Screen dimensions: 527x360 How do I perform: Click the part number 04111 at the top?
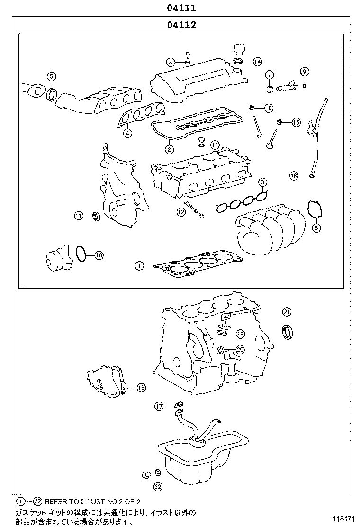point(181,8)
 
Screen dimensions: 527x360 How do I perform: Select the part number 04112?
point(181,25)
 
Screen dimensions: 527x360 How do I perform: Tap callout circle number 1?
point(139,266)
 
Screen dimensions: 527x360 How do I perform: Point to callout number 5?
point(51,76)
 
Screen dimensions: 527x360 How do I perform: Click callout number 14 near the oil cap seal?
point(257,62)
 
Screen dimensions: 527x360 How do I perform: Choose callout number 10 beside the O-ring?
point(98,255)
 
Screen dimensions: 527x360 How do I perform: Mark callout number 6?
point(316,228)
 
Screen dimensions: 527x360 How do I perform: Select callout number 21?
point(287,311)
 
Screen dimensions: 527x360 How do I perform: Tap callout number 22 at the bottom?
point(158,486)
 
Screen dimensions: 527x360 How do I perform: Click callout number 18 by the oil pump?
point(141,388)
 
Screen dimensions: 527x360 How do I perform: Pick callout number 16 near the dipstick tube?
point(294,176)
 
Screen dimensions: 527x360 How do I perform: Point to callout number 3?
point(262,182)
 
